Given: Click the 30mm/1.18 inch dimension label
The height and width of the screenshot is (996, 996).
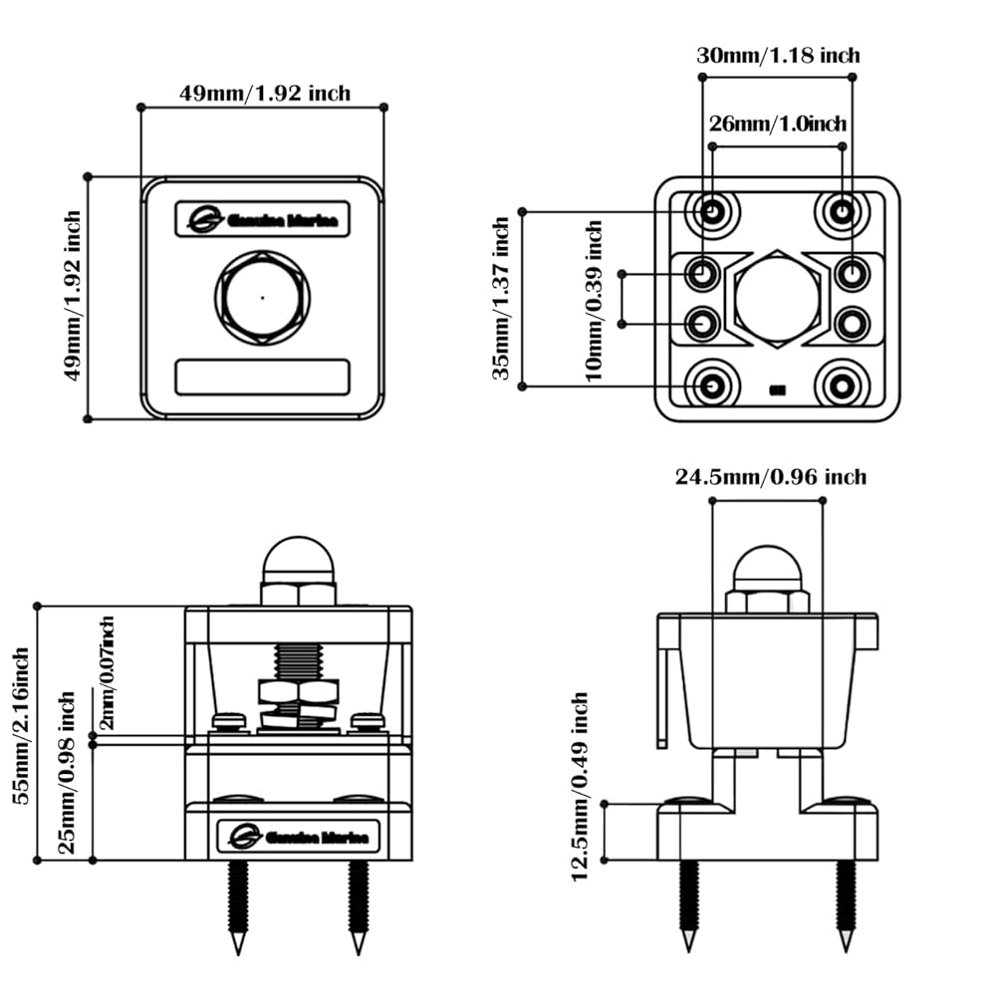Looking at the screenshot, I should (x=777, y=56).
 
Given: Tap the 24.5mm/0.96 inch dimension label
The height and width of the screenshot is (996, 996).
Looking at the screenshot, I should (x=771, y=478).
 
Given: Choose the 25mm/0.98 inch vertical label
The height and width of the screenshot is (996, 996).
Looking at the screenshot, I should (x=68, y=777).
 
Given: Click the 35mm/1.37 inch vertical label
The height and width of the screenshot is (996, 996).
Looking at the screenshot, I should (x=502, y=298).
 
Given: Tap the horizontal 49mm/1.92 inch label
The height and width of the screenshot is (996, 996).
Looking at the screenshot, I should (x=264, y=93).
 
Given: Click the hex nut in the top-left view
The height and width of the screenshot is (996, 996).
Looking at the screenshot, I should (x=262, y=296).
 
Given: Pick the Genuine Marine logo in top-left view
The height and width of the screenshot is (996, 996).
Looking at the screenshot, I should (x=262, y=219).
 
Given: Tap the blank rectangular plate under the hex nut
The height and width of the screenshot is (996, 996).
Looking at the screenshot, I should (x=262, y=377).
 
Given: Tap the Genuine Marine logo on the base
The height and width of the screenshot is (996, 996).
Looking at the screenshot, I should (x=298, y=836).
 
